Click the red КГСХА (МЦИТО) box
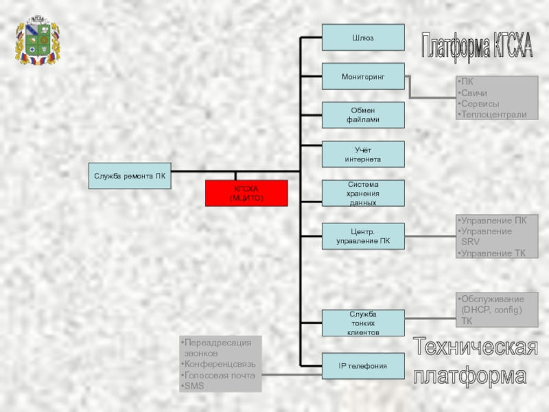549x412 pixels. click(246, 193)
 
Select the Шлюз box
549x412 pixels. click(363, 38)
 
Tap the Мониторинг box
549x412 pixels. click(363, 77)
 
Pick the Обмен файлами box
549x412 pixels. click(363, 115)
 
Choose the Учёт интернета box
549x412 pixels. click(363, 154)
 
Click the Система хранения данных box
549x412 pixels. click(363, 194)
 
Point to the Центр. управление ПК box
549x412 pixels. click(363, 236)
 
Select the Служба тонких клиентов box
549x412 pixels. click(363, 323)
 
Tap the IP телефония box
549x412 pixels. click(363, 366)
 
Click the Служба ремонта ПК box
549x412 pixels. click(130, 176)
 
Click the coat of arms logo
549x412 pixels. click(37, 41)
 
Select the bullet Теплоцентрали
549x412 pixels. click(494, 115)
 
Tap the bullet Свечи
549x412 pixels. click(474, 93)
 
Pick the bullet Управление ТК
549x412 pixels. click(493, 253)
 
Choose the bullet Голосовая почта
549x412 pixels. click(220, 376)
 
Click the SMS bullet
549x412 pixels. click(194, 387)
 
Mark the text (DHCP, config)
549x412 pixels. click(491, 310)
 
